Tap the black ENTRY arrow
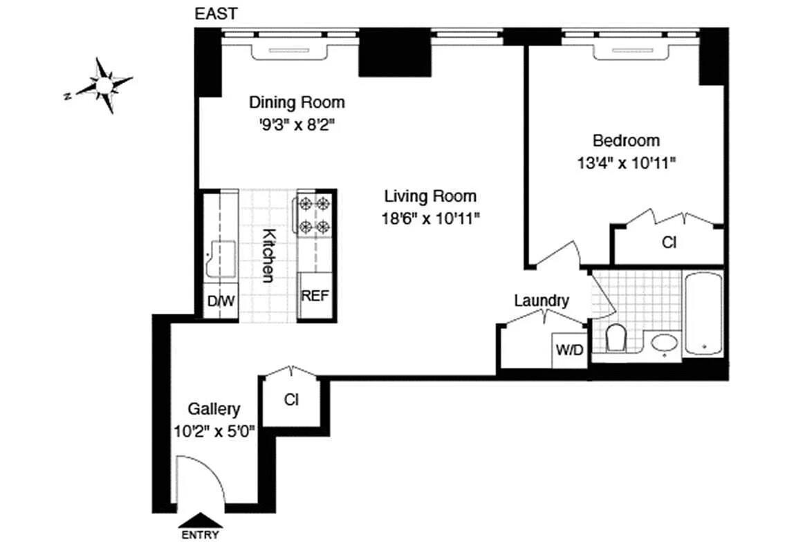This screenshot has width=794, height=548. [x=200, y=520]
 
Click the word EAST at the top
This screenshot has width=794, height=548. [x=216, y=14]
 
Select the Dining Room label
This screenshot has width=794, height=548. [x=297, y=103]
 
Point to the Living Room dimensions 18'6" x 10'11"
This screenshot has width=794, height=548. [x=430, y=218]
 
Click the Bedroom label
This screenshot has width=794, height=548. [x=626, y=141]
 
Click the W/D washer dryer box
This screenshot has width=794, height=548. [x=569, y=350]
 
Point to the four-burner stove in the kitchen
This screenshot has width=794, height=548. [x=313, y=214]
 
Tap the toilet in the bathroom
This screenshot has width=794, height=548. [x=615, y=339]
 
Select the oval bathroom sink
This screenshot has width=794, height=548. [x=665, y=343]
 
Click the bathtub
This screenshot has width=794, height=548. [x=703, y=314]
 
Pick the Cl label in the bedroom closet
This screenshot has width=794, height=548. [x=669, y=243]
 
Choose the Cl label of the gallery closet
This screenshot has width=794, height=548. [x=291, y=400]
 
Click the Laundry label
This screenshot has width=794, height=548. [x=542, y=301]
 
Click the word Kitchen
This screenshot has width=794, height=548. [x=268, y=255]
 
